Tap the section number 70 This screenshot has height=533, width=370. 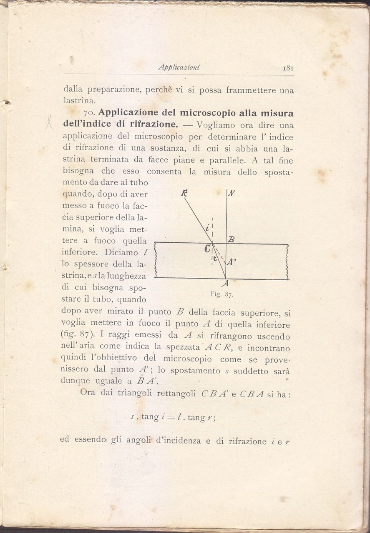pyautogui.click(x=90, y=113)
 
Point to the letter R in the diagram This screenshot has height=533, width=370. pyautogui.click(x=184, y=192)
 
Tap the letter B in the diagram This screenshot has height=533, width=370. pyautogui.click(x=232, y=239)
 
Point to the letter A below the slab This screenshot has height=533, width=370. pyautogui.click(x=226, y=284)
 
